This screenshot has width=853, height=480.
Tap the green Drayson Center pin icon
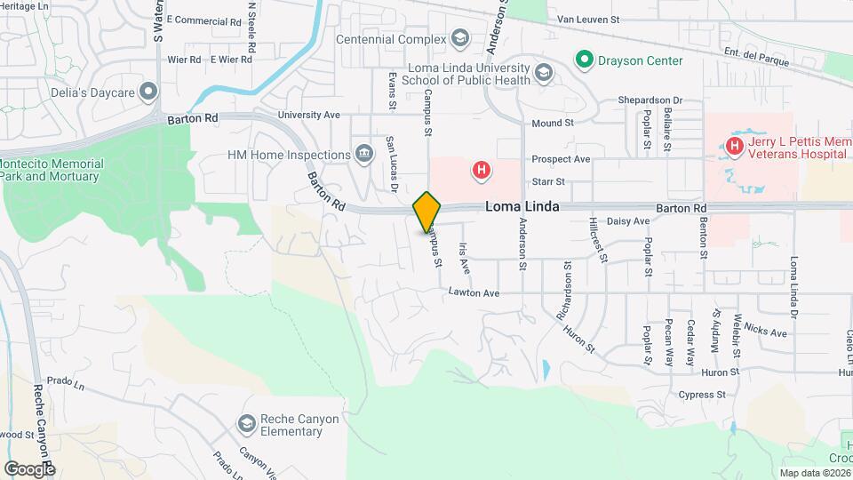click(584, 60)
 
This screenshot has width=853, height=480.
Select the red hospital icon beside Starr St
click(481, 169)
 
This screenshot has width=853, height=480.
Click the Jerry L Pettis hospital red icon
click(735, 145)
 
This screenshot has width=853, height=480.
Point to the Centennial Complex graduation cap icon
click(459, 38)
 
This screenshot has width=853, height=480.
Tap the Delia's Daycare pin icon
click(148, 91)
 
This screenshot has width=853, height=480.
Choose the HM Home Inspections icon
click(363, 155)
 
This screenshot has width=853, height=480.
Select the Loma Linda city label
click(522, 206)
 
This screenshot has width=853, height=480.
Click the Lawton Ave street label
click(474, 292)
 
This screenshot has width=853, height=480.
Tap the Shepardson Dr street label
click(650, 100)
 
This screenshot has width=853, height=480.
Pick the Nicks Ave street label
click(766, 332)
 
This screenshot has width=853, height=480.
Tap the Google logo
click(29, 468)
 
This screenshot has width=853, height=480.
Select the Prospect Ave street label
click(561, 159)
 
